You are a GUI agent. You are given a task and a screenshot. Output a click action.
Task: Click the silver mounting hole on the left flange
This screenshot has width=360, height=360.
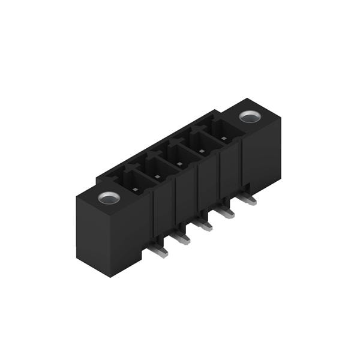pos(109,197)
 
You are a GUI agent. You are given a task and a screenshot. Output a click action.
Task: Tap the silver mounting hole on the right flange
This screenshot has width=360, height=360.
pos(248,116)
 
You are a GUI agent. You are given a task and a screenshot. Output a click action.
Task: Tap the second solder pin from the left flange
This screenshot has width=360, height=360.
pos(181,238)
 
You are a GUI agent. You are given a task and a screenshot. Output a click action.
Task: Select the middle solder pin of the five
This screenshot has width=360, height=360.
pos(203,225)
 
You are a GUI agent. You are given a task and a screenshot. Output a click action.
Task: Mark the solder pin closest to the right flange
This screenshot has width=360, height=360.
pos(247,199)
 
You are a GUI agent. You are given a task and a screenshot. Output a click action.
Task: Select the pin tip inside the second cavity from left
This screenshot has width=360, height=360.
pos(157,176)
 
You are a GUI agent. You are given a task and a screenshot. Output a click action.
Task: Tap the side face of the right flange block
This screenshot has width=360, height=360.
pos(262,156)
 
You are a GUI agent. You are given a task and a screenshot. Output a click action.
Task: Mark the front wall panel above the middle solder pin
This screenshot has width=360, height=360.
pos(187,201)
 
